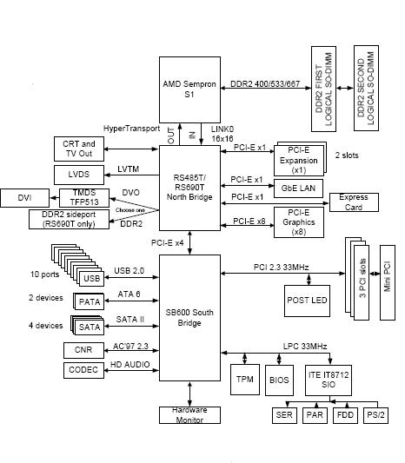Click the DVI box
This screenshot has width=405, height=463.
click(24, 198)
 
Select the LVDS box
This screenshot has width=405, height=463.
click(79, 175)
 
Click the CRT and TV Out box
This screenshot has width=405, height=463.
click(79, 148)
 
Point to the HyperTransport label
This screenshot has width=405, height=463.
click(131, 128)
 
